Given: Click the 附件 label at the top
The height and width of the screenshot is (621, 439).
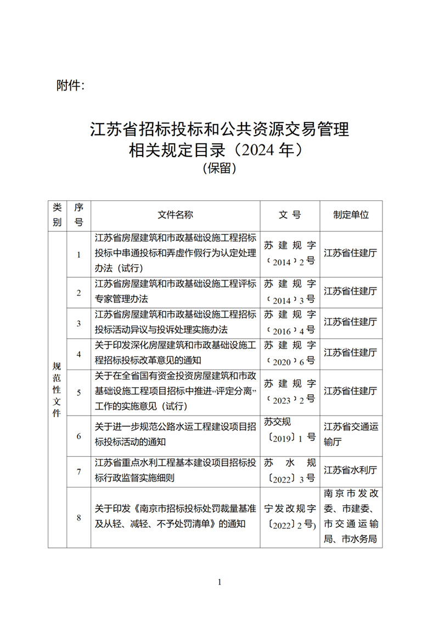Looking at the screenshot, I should pos(70,86).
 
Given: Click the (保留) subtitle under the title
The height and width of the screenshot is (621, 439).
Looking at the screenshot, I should pos(219,169).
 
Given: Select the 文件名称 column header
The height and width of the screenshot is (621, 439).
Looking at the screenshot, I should pos(176,215).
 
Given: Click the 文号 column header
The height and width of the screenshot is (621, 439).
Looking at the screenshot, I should pos(289,215).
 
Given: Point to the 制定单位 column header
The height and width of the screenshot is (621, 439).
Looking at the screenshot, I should pos(351,215).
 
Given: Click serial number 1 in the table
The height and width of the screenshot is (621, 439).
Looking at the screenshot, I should pos(78,254).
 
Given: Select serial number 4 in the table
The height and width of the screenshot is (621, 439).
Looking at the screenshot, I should pos(78,354).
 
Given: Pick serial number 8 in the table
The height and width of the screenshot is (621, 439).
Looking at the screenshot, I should pos(78,517).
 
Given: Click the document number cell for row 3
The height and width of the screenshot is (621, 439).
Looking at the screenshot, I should pos(289,322).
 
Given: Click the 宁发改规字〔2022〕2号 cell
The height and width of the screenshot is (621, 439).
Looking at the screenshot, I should pos(289,517).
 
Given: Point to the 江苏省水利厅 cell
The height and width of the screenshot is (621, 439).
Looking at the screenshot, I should pos(351,470).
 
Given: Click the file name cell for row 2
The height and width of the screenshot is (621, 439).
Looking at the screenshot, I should pos(176,292).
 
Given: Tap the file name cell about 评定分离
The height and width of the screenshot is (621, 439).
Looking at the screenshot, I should pos(176,391).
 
